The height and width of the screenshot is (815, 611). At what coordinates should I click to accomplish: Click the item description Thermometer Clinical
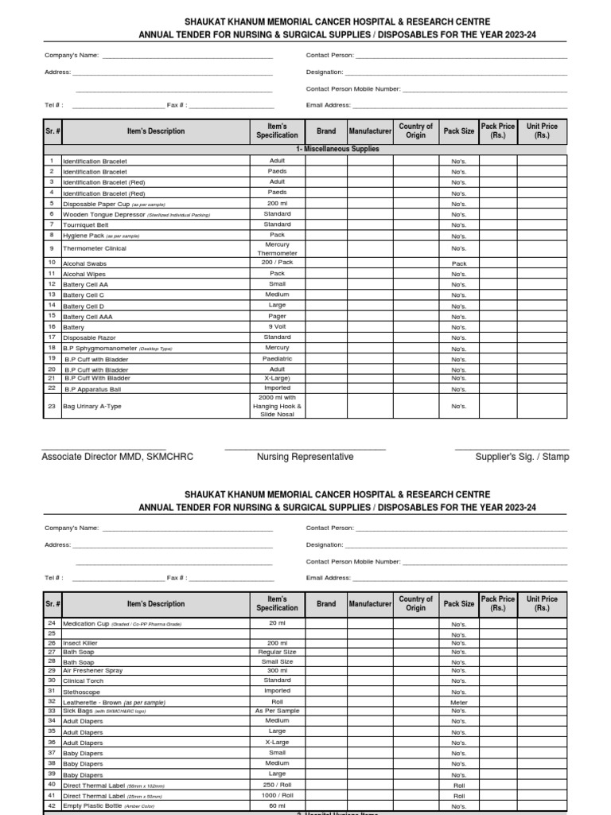coord(95,248)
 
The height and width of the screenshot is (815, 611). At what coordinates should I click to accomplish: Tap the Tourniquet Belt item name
coord(86,225)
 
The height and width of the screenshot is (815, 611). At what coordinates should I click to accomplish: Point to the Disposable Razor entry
coord(89,338)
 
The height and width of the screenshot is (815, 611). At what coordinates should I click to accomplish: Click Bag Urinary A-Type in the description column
coord(92,407)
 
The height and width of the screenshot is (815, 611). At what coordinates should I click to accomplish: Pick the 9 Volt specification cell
coord(277,326)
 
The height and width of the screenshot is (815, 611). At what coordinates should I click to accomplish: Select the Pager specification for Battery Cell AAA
coord(277,316)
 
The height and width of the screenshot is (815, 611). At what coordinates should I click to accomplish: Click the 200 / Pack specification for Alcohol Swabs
coord(277,262)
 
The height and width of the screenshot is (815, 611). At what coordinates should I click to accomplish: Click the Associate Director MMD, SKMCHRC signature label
coord(117,457)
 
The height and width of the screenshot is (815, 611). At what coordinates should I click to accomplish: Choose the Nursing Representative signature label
coord(305,457)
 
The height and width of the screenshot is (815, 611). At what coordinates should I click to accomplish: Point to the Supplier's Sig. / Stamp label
coord(522,457)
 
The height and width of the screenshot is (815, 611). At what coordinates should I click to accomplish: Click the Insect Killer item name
coord(80,643)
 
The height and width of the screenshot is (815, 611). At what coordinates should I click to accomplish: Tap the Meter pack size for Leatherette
coord(459,703)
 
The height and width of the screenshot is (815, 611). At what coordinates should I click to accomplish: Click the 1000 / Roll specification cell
coord(277,795)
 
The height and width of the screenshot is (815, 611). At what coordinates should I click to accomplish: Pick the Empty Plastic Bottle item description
coord(92,806)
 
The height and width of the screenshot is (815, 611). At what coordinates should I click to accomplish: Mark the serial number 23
coord(51,407)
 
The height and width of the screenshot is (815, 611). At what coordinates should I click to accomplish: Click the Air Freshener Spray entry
coord(93,671)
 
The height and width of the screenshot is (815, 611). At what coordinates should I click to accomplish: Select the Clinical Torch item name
coord(84,681)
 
